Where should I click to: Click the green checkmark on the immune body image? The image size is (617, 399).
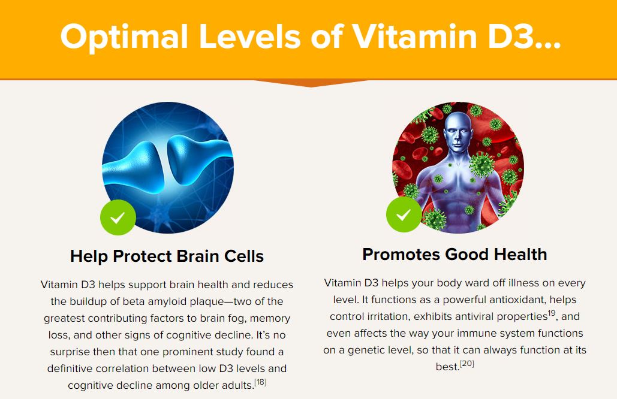(x=404, y=214)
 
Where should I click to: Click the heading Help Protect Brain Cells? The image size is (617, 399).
(x=167, y=256)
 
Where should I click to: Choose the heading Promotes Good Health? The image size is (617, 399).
(x=455, y=254)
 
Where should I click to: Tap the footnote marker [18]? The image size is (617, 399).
(x=260, y=382)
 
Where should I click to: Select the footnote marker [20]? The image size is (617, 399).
(x=467, y=363)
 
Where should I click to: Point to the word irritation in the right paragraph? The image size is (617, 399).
(x=393, y=316)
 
